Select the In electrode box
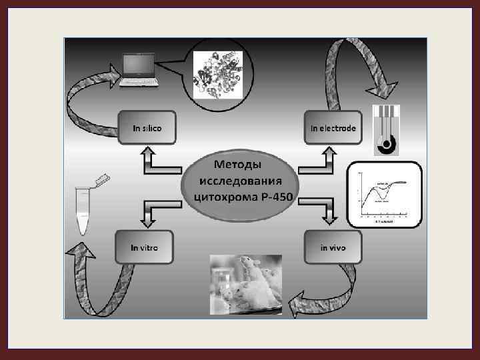(x=333, y=127)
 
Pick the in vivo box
(x=333, y=247)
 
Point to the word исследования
(x=241, y=181)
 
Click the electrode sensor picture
(x=385, y=130)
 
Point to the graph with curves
(x=385, y=195)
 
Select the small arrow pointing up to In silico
(x=148, y=161)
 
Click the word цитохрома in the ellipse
(x=222, y=198)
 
